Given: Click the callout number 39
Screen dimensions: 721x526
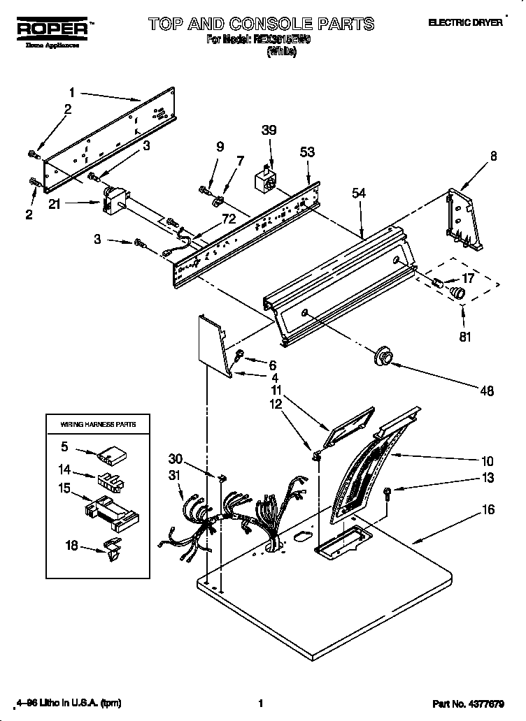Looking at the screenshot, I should [269, 130].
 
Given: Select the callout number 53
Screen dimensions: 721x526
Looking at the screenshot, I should [307, 152].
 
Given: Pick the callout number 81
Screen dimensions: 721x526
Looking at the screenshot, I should [464, 336].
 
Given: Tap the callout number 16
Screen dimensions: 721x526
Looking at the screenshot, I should [488, 510].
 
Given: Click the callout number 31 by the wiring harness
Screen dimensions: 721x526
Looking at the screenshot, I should [174, 476].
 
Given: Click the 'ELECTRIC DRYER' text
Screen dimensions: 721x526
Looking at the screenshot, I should [465, 22].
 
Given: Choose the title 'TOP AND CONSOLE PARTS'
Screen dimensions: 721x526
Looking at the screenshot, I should [261, 24].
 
